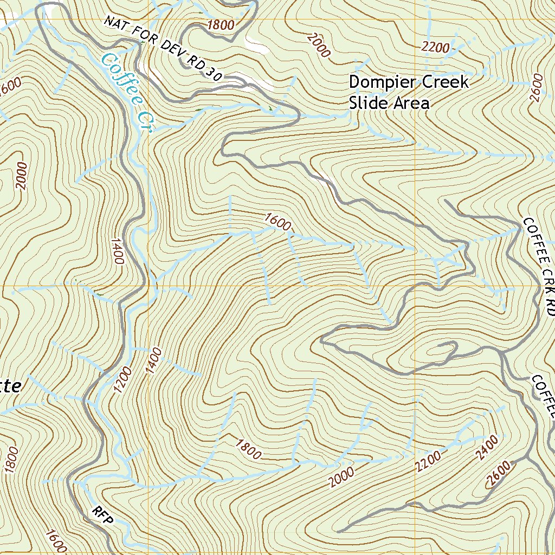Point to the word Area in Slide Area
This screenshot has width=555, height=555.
click(410, 103)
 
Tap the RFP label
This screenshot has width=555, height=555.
click(103, 516)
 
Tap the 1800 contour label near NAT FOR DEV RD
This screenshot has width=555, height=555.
click(220, 25)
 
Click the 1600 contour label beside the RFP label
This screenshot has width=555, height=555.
click(55, 541)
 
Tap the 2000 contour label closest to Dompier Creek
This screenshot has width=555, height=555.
click(318, 45)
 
